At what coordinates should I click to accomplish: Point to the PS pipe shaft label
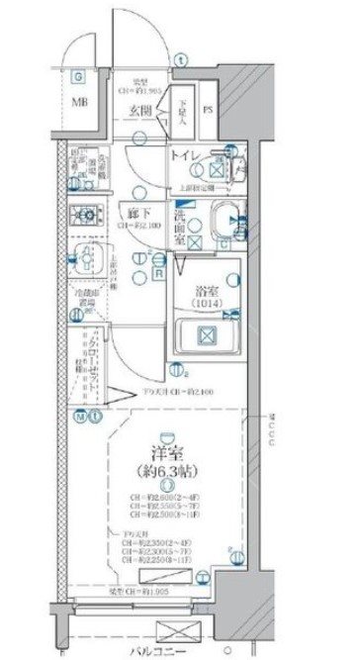[x=209, y=110]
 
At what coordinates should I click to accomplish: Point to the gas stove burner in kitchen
[x=82, y=215]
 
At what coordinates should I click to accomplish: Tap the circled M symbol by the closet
[x=78, y=416]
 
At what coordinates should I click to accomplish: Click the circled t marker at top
[x=178, y=59]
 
